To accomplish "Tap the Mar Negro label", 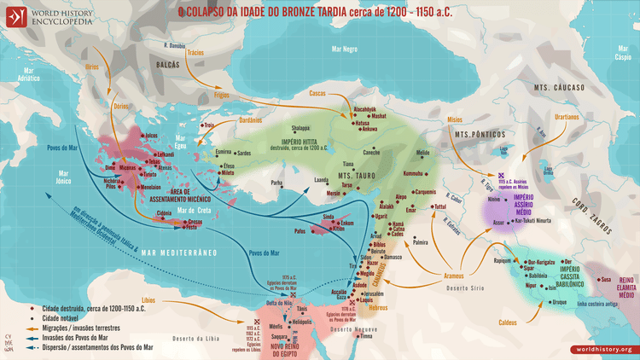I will click(x=345, y=50).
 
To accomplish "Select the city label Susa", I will click(x=605, y=278).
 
